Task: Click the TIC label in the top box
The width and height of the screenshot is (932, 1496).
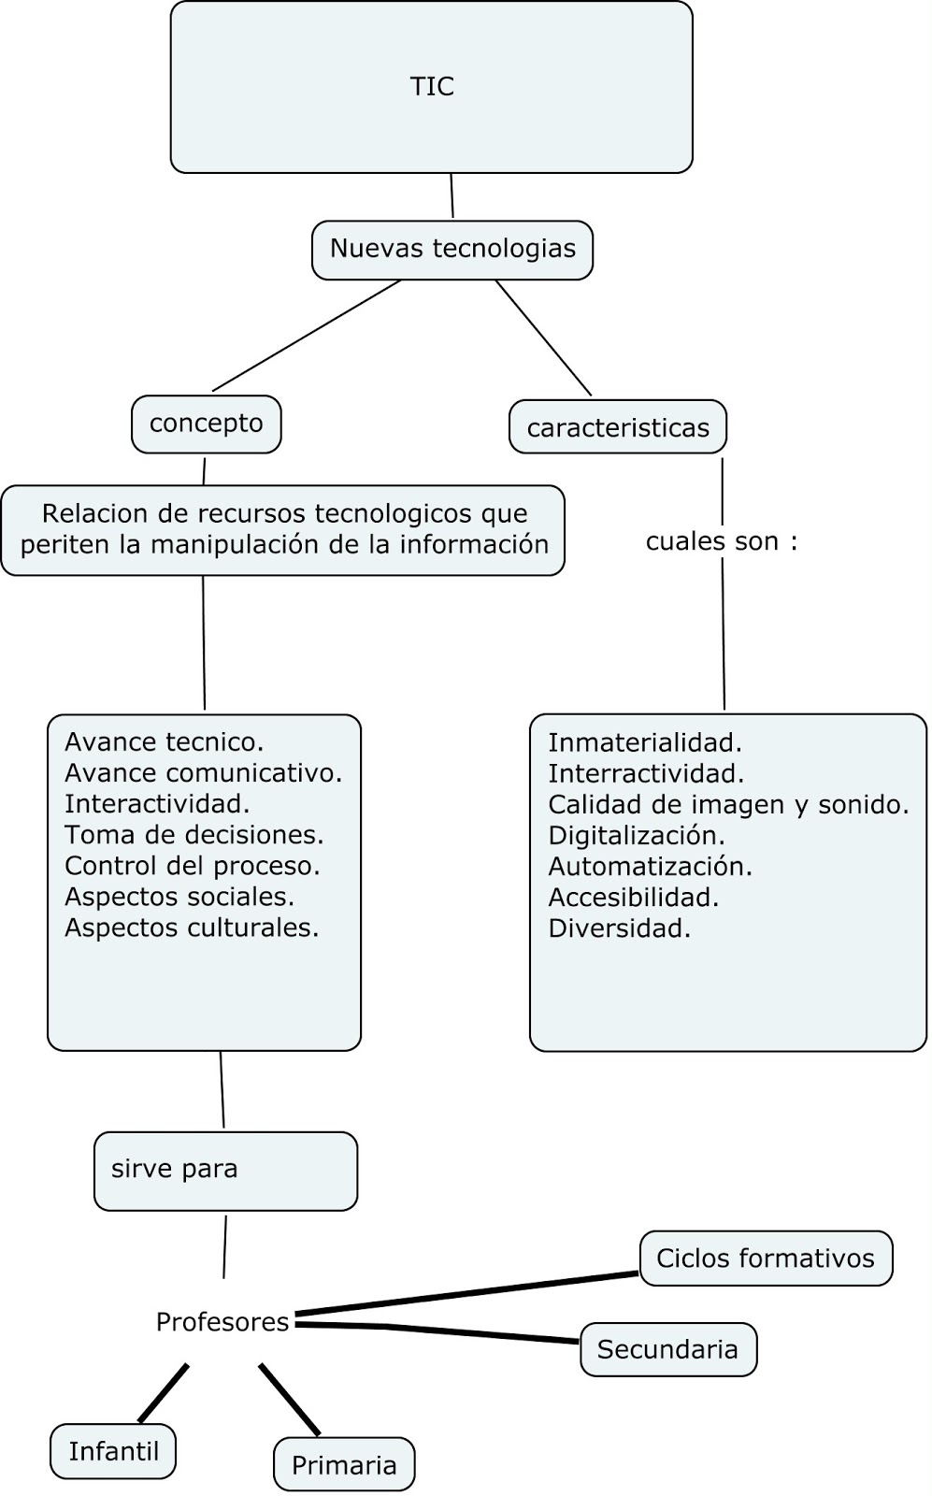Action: pyautogui.click(x=432, y=87)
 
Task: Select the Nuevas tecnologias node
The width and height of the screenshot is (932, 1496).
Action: pyautogui.click(x=452, y=250)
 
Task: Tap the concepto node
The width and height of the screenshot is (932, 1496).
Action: pyautogui.click(x=206, y=424)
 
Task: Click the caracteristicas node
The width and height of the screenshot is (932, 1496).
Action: pyautogui.click(x=618, y=428)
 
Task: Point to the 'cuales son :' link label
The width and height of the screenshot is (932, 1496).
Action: pyautogui.click(x=722, y=541)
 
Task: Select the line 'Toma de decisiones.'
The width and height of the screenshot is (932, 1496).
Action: pyautogui.click(x=194, y=834)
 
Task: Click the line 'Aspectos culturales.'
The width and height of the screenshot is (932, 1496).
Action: pyautogui.click(x=192, y=928)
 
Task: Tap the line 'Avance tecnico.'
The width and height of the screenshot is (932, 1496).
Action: pyautogui.click(x=165, y=742)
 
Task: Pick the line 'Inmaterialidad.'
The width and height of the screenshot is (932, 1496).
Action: pyautogui.click(x=645, y=743)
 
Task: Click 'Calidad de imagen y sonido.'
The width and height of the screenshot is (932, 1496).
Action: pyautogui.click(x=728, y=805)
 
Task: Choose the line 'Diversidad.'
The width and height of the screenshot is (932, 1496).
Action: pyautogui.click(x=619, y=928)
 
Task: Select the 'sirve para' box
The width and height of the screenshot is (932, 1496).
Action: pyautogui.click(x=225, y=1171)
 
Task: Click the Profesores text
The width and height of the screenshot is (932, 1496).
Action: pyautogui.click(x=222, y=1322)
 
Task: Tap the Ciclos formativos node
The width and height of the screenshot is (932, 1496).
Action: pyautogui.click(x=766, y=1259)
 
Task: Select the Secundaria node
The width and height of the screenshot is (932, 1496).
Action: pyautogui.click(x=667, y=1349)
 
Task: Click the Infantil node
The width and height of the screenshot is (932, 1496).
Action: pyautogui.click(x=113, y=1451)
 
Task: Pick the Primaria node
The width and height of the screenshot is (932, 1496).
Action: pyautogui.click(x=344, y=1464)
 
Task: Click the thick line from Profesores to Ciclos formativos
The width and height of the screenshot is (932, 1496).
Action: pyautogui.click(x=467, y=1294)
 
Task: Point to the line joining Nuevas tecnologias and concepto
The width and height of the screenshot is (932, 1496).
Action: pyautogui.click(x=307, y=335)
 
